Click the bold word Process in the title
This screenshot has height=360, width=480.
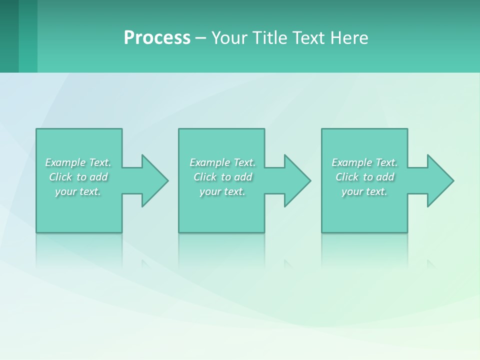click(x=157, y=38)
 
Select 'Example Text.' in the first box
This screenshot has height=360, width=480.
click(x=78, y=162)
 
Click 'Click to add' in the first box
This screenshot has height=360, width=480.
click(x=78, y=177)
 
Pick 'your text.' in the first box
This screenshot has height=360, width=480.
click(x=78, y=191)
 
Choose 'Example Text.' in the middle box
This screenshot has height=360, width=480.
click(x=222, y=162)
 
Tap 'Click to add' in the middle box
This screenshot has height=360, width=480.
click(x=222, y=177)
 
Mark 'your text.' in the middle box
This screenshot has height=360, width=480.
click(x=222, y=191)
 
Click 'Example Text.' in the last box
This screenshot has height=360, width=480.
click(x=364, y=162)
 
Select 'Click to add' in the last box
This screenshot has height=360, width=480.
click(x=364, y=177)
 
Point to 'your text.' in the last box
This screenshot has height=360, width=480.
click(x=364, y=191)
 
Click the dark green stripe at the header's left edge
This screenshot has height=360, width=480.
click(x=9, y=36)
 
